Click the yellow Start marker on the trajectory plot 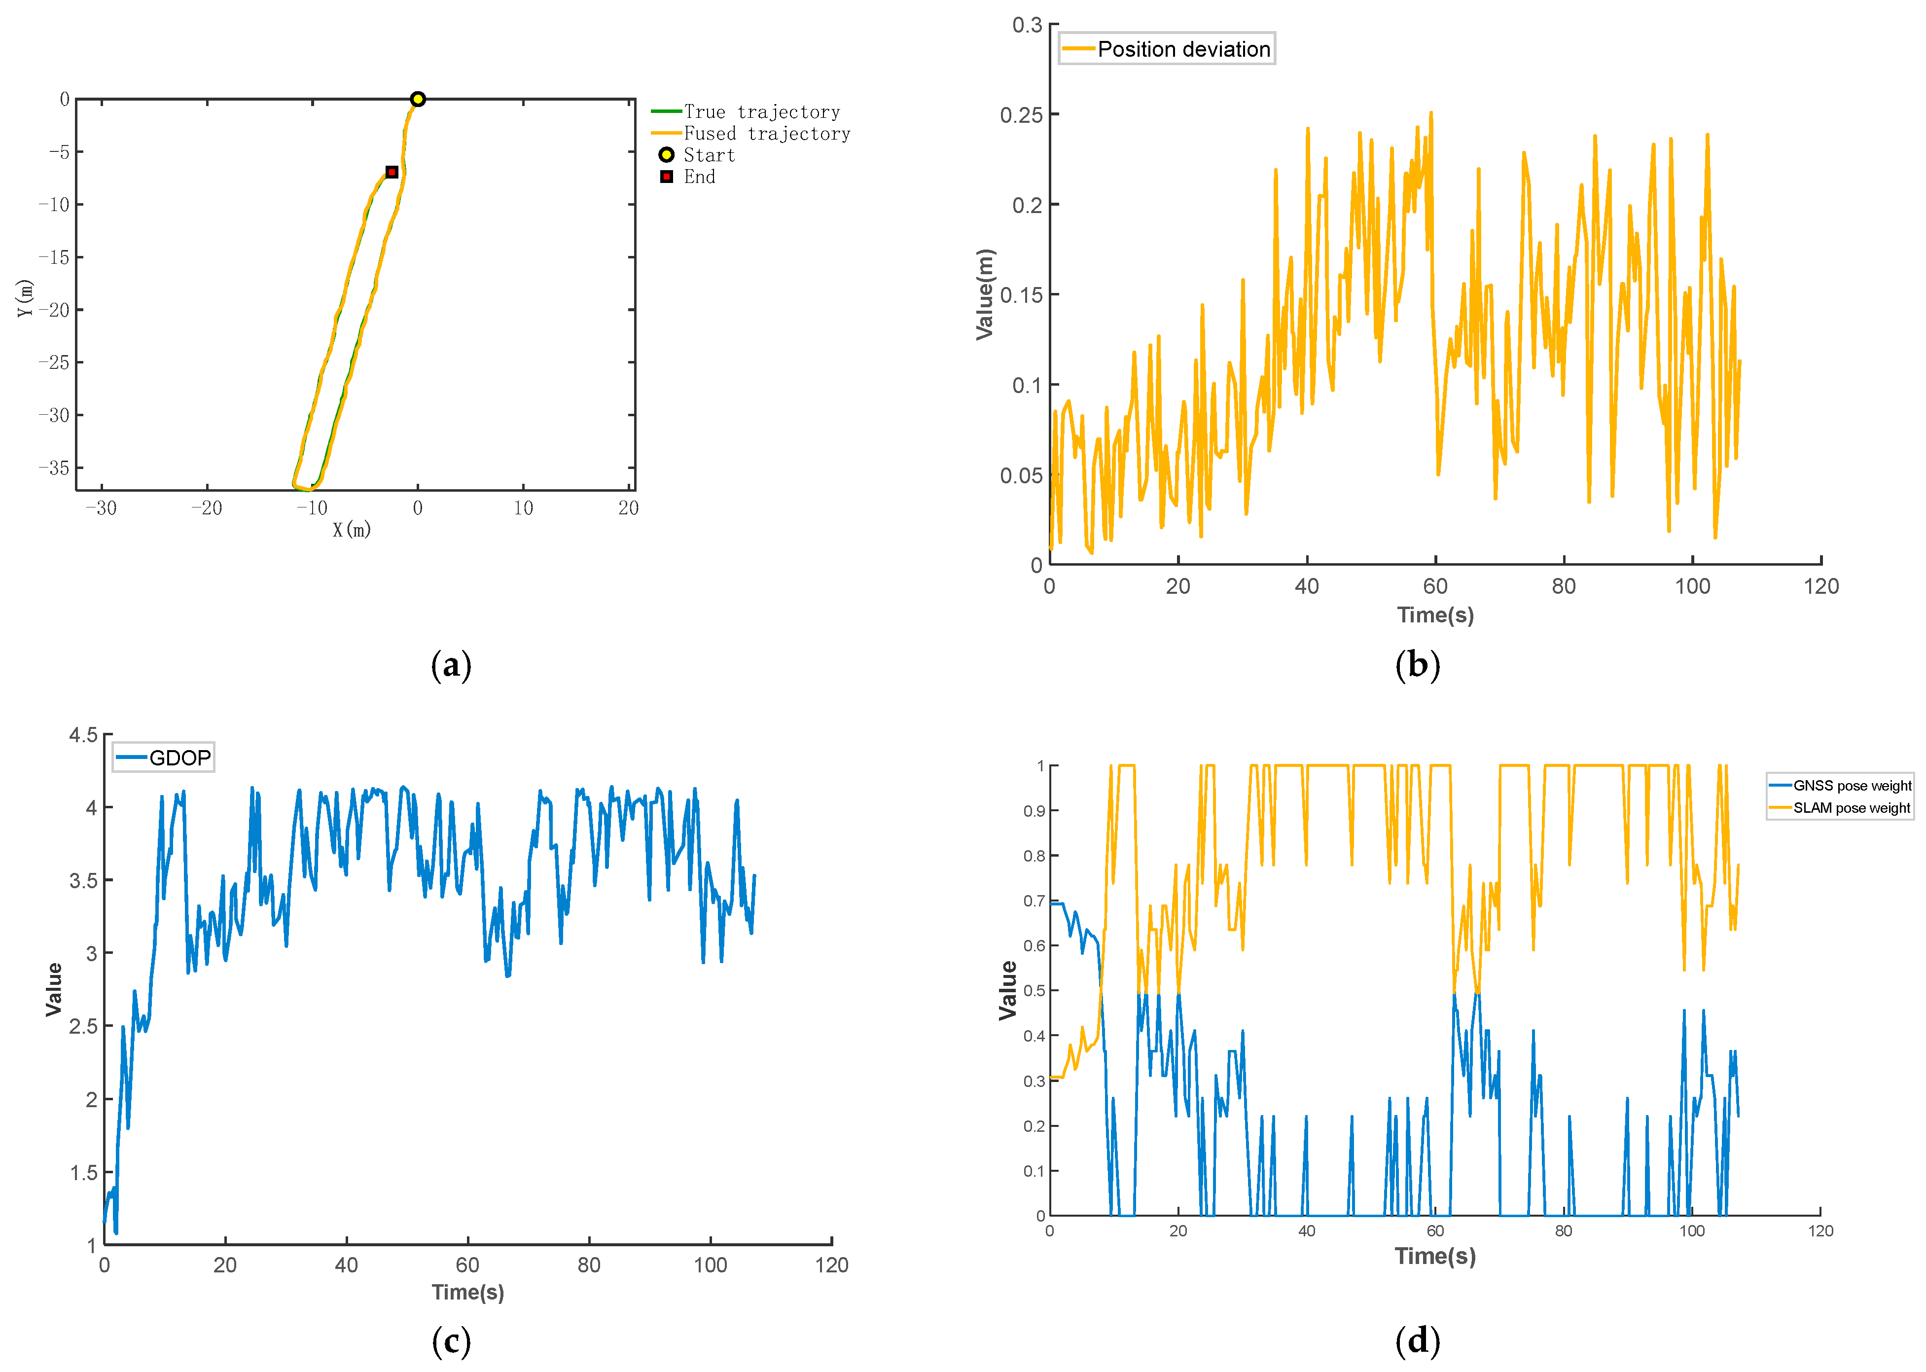point(417,99)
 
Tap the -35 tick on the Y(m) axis point(54,467)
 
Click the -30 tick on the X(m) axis point(102,508)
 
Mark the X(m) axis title point(352,530)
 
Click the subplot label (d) point(1418,1341)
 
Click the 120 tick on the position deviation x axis point(1820,586)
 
